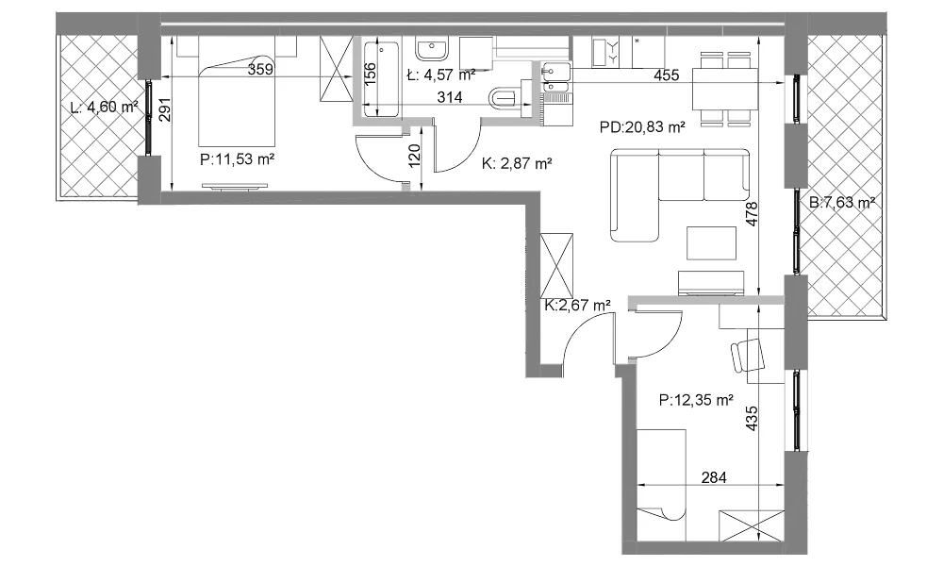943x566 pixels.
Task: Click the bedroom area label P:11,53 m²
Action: click(238, 160)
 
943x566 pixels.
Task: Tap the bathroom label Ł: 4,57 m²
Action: click(440, 75)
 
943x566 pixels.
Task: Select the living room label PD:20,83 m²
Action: click(643, 127)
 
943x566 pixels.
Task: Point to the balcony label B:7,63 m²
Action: click(842, 203)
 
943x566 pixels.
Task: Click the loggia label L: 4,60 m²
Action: click(104, 108)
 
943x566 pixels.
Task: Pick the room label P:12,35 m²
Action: click(696, 400)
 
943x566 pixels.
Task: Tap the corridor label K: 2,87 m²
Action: click(517, 163)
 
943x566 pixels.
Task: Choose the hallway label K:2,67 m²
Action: click(578, 306)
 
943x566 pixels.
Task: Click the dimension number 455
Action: click(667, 75)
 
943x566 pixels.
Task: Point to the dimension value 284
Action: click(714, 477)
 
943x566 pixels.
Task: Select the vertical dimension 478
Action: click(752, 214)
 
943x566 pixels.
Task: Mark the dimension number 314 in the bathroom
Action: click(450, 97)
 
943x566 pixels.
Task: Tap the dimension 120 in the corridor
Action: click(414, 156)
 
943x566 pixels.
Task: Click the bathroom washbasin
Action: click(432, 50)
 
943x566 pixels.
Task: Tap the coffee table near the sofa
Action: click(712, 243)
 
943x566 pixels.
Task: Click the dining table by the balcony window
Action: click(724, 89)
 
